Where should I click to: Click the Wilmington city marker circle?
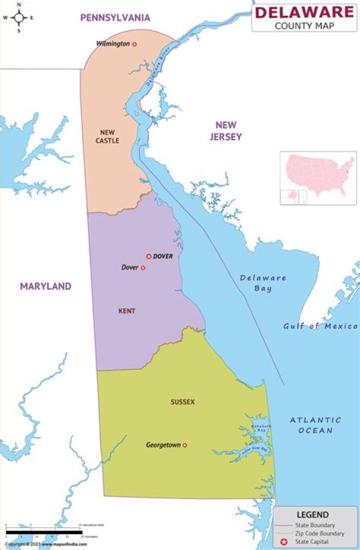click(134, 44)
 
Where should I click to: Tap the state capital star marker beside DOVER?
click(148, 256)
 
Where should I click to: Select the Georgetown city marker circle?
click(184, 445)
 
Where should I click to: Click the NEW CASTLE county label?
click(107, 136)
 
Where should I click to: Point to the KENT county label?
click(126, 311)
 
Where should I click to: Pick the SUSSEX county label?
click(182, 402)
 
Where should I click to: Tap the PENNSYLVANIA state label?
click(115, 18)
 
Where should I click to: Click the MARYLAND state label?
click(45, 286)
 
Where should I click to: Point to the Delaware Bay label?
click(262, 283)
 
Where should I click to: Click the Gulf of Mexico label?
click(320, 326)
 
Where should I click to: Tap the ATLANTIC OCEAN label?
click(315, 425)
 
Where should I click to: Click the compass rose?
click(19, 17)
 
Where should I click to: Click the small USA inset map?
click(318, 177)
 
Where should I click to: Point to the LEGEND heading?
click(313, 515)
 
